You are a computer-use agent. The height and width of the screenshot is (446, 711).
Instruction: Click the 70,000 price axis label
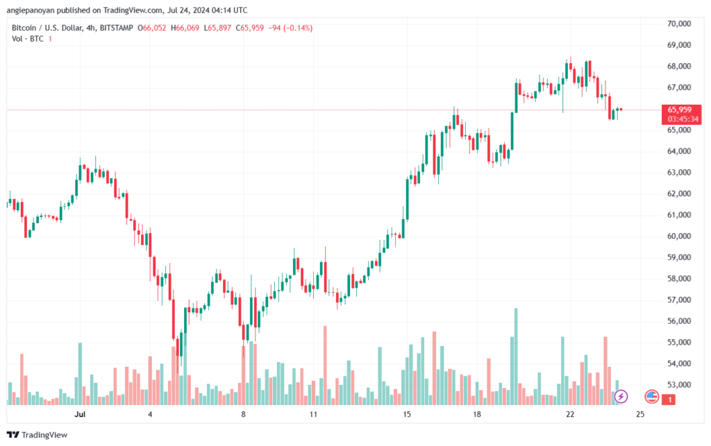pyautogui.click(x=679, y=24)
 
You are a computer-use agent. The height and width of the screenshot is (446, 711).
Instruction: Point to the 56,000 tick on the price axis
pyautogui.click(x=679, y=321)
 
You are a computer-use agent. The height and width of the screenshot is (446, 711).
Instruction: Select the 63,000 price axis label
pyautogui.click(x=679, y=173)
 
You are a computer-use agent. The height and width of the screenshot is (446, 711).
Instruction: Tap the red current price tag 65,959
pyautogui.click(x=681, y=114)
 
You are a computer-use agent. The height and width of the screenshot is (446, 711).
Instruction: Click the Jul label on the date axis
pyautogui.click(x=81, y=414)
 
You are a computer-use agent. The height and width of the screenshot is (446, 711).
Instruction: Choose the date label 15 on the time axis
pyautogui.click(x=407, y=414)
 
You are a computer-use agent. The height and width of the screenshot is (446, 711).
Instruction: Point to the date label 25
pyautogui.click(x=639, y=414)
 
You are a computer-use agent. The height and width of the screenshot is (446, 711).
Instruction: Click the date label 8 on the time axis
pyautogui.click(x=244, y=414)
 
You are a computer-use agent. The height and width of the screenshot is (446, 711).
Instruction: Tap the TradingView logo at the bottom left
pyautogui.click(x=37, y=435)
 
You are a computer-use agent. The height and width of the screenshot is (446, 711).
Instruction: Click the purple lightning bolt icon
pyautogui.click(x=621, y=397)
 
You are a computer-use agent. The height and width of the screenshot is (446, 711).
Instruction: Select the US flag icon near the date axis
pyautogui.click(x=651, y=397)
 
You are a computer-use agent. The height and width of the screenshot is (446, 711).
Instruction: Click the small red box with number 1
pyautogui.click(x=669, y=400)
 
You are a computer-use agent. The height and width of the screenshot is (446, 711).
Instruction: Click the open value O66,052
pyautogui.click(x=152, y=28)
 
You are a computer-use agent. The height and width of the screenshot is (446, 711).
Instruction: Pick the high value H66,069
pyautogui.click(x=185, y=28)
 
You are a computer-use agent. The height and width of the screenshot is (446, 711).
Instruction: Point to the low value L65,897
pyautogui.click(x=217, y=28)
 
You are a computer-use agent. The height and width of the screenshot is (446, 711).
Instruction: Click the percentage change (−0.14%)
pyautogui.click(x=298, y=28)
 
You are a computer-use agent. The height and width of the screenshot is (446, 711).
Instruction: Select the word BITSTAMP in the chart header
pyautogui.click(x=117, y=28)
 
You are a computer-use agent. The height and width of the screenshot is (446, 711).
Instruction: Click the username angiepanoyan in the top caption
pyautogui.click(x=31, y=10)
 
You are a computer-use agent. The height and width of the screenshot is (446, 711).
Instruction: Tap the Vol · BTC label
pyautogui.click(x=28, y=39)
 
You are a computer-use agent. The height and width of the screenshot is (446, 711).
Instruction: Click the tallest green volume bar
pyautogui.click(x=516, y=357)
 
